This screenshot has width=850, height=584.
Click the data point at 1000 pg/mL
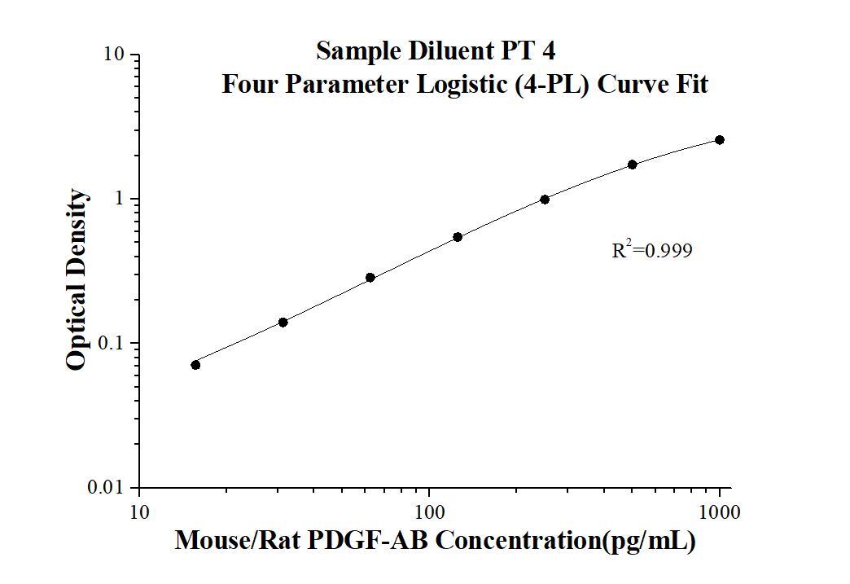pyautogui.click(x=720, y=140)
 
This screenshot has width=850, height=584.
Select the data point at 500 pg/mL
pyautogui.click(x=633, y=165)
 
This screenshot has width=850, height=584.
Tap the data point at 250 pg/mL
pyautogui.click(x=545, y=200)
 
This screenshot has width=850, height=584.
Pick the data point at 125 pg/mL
pyautogui.click(x=458, y=237)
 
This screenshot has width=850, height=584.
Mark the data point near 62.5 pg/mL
pyautogui.click(x=370, y=278)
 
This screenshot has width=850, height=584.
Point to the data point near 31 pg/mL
pyautogui.click(x=283, y=323)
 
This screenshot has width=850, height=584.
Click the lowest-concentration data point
pyautogui.click(x=195, y=365)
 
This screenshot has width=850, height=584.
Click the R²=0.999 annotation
pyautogui.click(x=652, y=251)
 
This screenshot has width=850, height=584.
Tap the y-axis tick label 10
pyautogui.click(x=114, y=55)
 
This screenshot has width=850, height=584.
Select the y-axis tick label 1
pyautogui.click(x=120, y=200)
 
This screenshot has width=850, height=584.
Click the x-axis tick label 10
pyautogui.click(x=139, y=513)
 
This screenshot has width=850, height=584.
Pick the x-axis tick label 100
pyautogui.click(x=429, y=513)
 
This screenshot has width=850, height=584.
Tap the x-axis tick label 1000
pyautogui.click(x=720, y=513)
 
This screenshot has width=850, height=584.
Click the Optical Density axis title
pyautogui.click(x=76, y=279)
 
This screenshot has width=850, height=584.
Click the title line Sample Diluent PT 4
pyautogui.click(x=436, y=51)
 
